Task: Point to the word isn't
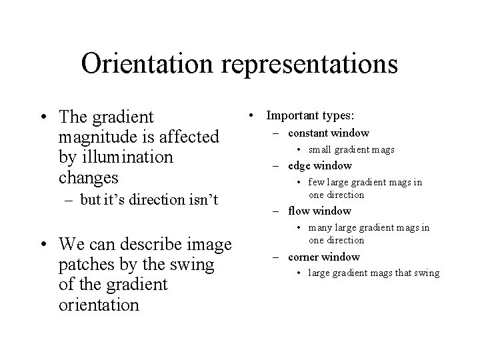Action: click(202, 199)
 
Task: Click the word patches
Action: click(85, 265)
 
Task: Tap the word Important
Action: click(291, 115)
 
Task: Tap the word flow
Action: click(299, 211)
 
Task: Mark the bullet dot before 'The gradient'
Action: click(43, 119)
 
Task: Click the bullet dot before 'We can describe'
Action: click(43, 246)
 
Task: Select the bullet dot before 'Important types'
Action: click(252, 116)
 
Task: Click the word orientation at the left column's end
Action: click(99, 305)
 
